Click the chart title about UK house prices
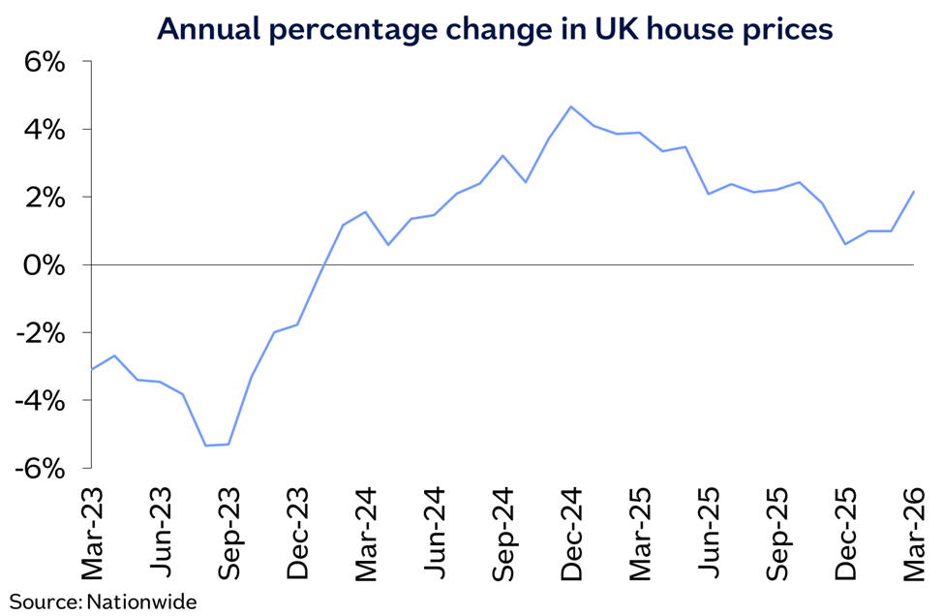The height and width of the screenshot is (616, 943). tap(495, 29)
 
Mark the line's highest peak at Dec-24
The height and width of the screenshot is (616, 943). tap(570, 107)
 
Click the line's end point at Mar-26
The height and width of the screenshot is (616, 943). tap(914, 191)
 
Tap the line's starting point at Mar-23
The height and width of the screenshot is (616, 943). tap(92, 369)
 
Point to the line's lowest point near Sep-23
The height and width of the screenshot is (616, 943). tap(205, 446)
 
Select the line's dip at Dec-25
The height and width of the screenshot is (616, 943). tap(845, 244)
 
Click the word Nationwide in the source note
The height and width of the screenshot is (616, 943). tap(142, 601)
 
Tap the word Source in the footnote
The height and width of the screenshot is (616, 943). tap(43, 601)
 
